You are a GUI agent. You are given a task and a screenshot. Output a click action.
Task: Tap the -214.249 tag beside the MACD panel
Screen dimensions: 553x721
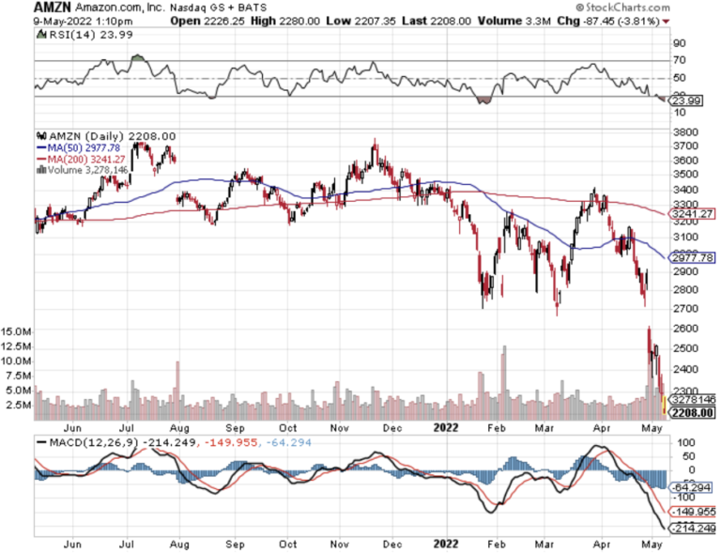click(x=691, y=528)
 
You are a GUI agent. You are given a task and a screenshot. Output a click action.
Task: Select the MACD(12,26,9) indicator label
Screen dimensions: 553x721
click(x=87, y=441)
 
